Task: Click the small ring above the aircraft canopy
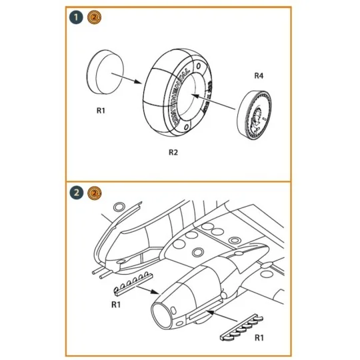[x=118, y=206]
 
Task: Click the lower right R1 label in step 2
[x=259, y=339]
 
